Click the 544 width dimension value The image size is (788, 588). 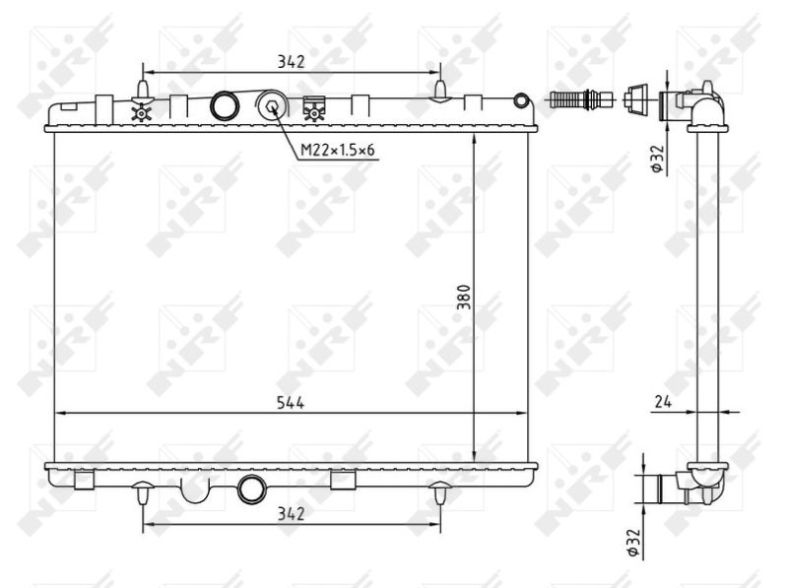point(291,403)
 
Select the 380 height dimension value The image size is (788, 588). point(464,297)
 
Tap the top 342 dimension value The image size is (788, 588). point(292,62)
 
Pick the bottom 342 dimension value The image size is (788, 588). point(292,514)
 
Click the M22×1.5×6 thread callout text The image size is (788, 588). point(337,150)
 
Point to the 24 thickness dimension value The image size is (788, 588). point(663,402)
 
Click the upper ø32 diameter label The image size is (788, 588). point(658,159)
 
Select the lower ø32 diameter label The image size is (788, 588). point(633,543)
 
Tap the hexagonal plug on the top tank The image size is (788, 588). point(272,106)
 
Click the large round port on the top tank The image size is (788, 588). point(225,106)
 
